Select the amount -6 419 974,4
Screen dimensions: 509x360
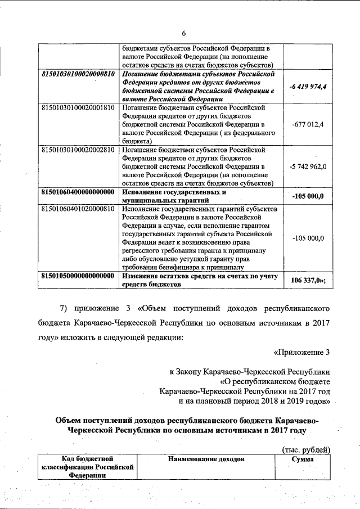point(308,86)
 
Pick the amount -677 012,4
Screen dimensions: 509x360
point(308,124)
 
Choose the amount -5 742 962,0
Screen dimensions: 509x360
point(308,166)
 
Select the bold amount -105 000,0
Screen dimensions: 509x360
point(308,196)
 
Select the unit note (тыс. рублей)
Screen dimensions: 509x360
point(305,449)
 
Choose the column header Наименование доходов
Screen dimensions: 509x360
point(206,460)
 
